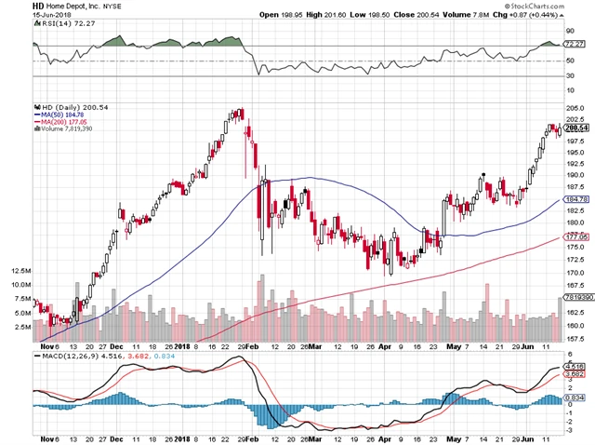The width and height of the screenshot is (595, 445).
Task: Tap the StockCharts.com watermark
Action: click(x=560, y=6)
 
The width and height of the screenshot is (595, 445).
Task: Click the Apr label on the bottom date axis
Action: click(x=384, y=438)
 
